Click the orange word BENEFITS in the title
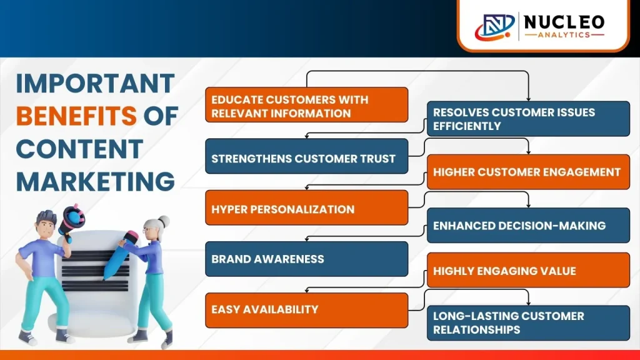pyautogui.click(x=76, y=116)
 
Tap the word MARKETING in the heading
pyautogui.click(x=96, y=181)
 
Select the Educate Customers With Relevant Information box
pyautogui.click(x=306, y=104)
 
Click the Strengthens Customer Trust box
pyautogui.click(x=306, y=156)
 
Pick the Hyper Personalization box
pyautogui.click(x=306, y=207)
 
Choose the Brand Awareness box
pyautogui.click(x=306, y=259)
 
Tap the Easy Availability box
pyautogui.click(x=306, y=310)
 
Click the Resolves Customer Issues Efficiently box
pyautogui.click(x=528, y=119)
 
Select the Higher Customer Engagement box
pyautogui.click(x=528, y=172)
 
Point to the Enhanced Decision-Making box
pyautogui.click(x=528, y=225)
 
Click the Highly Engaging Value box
pyautogui.click(x=528, y=270)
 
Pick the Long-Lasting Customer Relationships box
pyautogui.click(x=528, y=323)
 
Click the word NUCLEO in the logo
pyautogui.click(x=564, y=22)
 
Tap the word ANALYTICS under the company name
pyautogui.click(x=564, y=35)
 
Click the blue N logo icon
pyautogui.click(x=495, y=26)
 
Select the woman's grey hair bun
pyautogui.click(x=164, y=222)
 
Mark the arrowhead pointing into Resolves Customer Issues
pyautogui.click(x=529, y=99)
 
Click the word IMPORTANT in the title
pyautogui.click(x=96, y=83)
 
